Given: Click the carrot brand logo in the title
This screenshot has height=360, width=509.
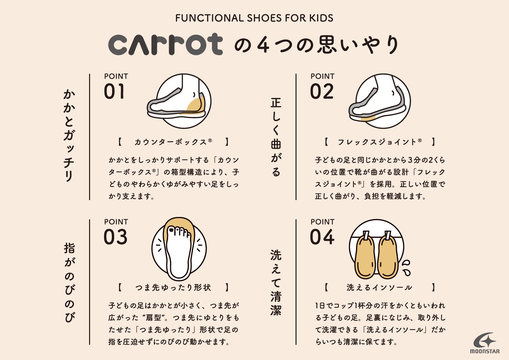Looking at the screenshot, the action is pos(165,44).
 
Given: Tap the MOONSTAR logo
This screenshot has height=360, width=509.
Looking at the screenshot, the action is pos(485,343).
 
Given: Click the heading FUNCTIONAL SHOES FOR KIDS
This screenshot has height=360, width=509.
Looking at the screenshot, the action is pos(254,18).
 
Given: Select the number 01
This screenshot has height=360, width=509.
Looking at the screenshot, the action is pos(114,91).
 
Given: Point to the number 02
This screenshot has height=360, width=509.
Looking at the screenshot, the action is pos(322,91).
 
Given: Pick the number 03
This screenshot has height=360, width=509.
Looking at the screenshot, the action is pos(115,237).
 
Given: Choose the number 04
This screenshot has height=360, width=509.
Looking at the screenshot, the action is pos(322,237).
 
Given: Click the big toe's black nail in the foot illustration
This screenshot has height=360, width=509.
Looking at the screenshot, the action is pos(171,230).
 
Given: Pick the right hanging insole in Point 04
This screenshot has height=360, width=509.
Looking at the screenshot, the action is pos(388,256).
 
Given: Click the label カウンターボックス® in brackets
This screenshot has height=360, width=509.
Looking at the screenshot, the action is pos(173,142).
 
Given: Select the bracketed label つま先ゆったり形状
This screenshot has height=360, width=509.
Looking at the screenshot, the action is pos(173,287).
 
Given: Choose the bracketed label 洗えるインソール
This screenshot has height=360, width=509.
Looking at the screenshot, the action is pos(379,287).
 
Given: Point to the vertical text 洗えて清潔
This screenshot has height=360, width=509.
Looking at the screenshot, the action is pos(276,283).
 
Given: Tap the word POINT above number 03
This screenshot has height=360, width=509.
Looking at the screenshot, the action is pos(116,222).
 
